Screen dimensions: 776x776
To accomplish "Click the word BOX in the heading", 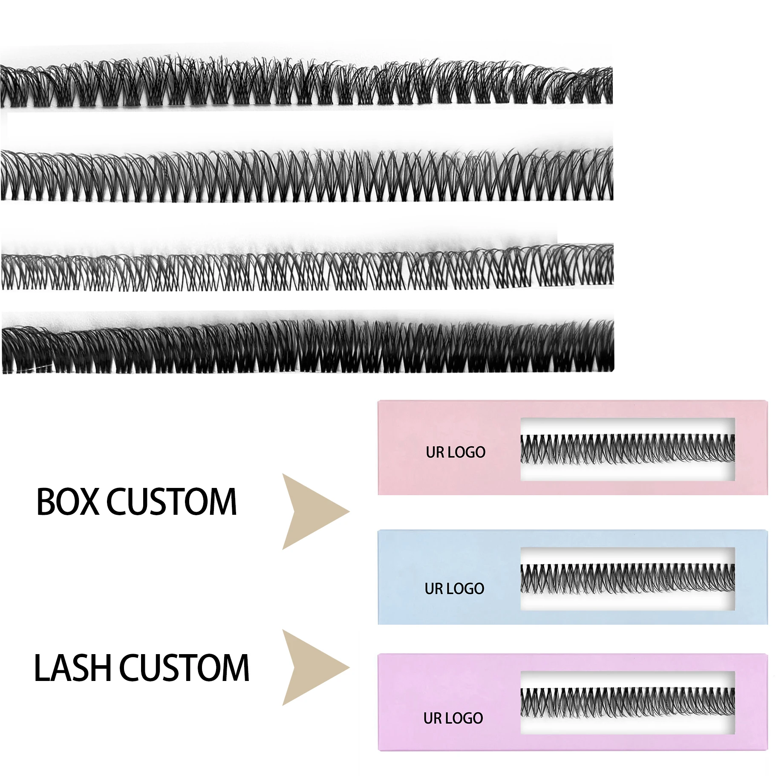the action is [x=68, y=502].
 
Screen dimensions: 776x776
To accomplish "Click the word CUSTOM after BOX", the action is [x=171, y=502].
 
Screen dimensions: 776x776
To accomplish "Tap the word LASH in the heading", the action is [x=73, y=668].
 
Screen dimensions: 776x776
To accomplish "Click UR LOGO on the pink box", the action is [x=456, y=452].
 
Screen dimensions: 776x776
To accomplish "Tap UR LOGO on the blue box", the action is [x=454, y=588].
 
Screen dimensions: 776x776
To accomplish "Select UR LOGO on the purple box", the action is [x=453, y=718].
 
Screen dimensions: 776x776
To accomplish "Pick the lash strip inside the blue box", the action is [x=628, y=579].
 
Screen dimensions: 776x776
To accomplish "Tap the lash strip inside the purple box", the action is [x=628, y=703].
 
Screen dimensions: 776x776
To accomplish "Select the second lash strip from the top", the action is [x=307, y=175].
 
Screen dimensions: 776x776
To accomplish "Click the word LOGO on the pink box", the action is [x=466, y=452].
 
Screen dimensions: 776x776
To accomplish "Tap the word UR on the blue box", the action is [x=433, y=588].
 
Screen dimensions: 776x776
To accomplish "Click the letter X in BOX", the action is [x=90, y=502].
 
